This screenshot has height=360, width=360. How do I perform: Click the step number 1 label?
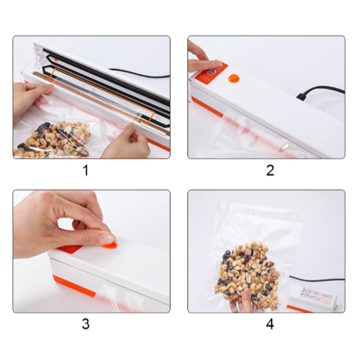[86, 171]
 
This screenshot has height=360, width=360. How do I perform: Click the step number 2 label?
[270, 171]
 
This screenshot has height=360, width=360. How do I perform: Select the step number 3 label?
[86, 324]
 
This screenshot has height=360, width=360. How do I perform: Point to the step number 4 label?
[270, 324]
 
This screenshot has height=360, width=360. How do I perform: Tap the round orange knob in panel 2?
[233, 78]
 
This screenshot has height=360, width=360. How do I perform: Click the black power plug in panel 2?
[302, 95]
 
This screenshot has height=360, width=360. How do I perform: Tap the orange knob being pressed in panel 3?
[109, 245]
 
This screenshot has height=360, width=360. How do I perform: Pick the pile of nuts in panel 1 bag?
[53, 139]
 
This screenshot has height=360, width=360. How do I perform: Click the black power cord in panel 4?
[317, 279]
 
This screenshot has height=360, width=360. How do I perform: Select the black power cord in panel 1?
[139, 73]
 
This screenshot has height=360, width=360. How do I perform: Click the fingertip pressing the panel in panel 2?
[217, 64]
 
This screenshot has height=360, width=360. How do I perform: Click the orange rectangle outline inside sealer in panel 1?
[102, 96]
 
